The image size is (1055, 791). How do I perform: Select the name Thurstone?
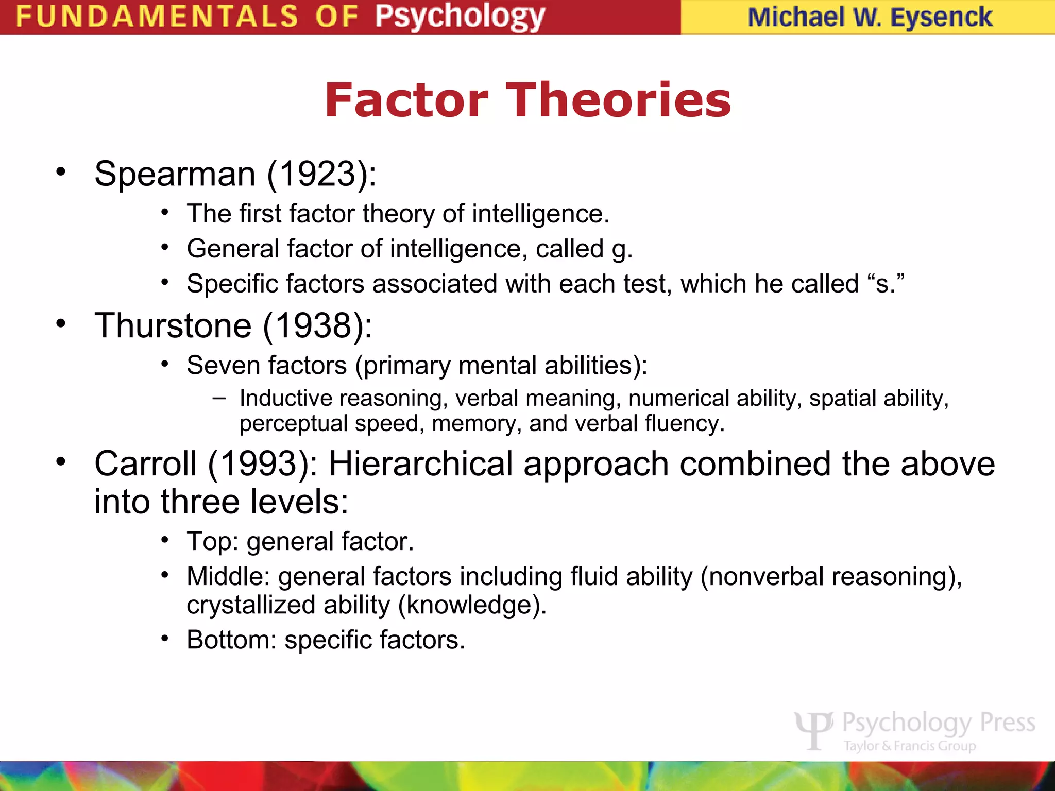tap(173, 326)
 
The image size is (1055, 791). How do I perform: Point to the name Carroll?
tap(146, 463)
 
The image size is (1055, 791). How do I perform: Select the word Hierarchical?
tap(421, 463)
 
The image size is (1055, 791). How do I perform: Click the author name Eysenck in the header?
tap(941, 17)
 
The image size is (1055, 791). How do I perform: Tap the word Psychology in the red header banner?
tap(460, 17)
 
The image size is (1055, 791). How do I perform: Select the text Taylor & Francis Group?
tap(910, 746)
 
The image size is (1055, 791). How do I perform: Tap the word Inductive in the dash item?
tap(286, 398)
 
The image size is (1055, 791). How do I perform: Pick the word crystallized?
tap(251, 605)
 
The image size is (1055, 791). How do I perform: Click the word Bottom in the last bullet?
tap(227, 640)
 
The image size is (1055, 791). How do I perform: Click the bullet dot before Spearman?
tap(61, 172)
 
